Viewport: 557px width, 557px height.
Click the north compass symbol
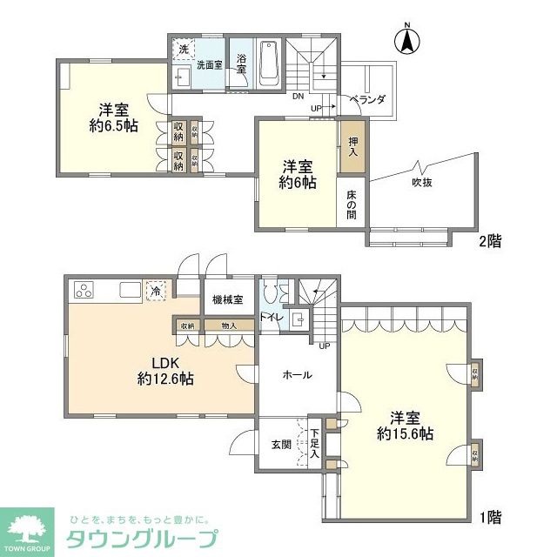pos(406,40)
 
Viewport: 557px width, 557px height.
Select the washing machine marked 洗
pos(184,50)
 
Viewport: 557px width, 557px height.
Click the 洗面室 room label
pos(209,64)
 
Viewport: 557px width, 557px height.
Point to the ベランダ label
pos(367,101)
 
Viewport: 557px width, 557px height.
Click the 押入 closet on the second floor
pos(352,144)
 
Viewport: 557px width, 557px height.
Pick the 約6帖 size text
pos(296,183)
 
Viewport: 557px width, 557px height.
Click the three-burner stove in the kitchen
pos(85,291)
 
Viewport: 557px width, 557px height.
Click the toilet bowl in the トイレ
pos(272,293)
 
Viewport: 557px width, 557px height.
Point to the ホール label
pos(297,374)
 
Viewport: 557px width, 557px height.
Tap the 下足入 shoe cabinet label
pos(314,444)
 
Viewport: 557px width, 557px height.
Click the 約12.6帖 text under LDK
pos(165,379)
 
